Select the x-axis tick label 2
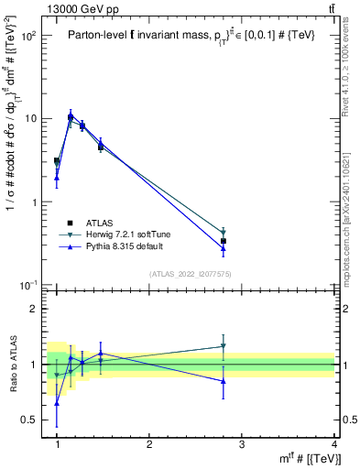coord(149,444)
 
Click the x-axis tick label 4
coord(334,444)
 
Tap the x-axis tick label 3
coord(242,444)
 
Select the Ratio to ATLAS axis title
coord(12,364)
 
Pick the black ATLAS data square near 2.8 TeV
coord(224,241)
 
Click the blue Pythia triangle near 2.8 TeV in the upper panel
coord(224,248)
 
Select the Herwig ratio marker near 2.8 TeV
coord(224,346)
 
